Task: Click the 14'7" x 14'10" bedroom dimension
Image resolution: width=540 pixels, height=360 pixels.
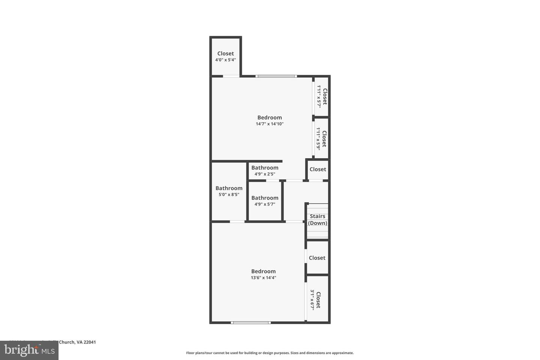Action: [270, 124]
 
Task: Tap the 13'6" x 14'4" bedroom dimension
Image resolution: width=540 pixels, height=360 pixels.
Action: [263, 278]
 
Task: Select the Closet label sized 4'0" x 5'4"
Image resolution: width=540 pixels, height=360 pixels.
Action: [225, 54]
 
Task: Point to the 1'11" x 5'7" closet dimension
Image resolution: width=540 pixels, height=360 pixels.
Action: [319, 96]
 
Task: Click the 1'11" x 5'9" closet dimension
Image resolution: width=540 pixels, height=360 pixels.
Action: [318, 138]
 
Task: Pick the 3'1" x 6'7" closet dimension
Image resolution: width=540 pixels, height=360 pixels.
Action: [312, 300]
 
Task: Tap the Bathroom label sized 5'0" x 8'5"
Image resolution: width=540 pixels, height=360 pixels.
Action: [229, 188]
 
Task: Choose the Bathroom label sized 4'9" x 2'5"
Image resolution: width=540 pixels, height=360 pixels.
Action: [265, 168]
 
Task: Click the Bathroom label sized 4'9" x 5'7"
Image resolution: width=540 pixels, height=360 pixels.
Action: [265, 198]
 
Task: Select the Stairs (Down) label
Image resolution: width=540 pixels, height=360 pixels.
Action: [318, 220]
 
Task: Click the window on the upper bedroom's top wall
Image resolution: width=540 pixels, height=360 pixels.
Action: [276, 76]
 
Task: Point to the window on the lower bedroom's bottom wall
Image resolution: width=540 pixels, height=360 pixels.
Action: [250, 322]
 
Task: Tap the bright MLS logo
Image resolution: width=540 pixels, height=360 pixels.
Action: [29, 351]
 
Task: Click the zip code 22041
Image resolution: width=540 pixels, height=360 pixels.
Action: [90, 342]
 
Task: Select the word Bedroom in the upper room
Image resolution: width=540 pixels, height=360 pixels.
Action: [270, 117]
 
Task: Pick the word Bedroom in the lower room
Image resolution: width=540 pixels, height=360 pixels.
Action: [263, 271]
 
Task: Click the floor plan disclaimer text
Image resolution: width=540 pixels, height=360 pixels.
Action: [270, 353]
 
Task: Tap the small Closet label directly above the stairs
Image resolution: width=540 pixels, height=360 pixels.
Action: [318, 169]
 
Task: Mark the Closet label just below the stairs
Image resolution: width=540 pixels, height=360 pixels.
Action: [317, 258]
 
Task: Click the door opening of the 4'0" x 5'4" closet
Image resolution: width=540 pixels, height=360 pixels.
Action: [231, 76]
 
